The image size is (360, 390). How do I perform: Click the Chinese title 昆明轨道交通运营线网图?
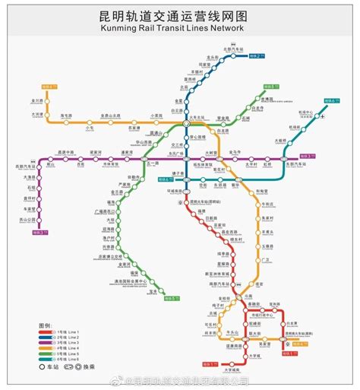tap(180, 15)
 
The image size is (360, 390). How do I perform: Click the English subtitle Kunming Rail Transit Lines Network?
tap(180, 30)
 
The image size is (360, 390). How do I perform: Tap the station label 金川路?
tap(37, 100)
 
